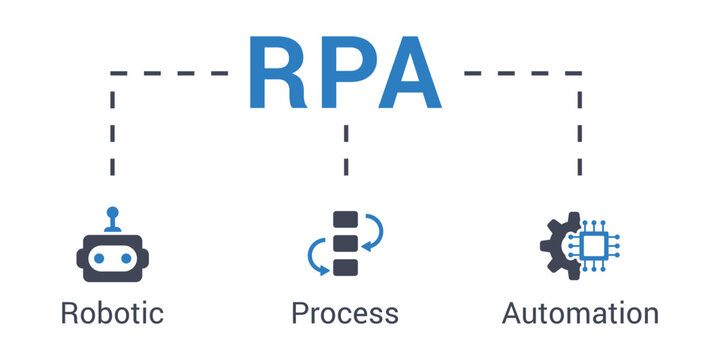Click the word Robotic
112,313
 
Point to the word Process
345,313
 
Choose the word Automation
580,313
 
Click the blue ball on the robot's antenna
112,213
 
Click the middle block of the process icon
345,244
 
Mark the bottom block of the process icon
345,267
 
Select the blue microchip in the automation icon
591,244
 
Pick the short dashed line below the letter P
345,148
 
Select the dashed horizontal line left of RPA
170,73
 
